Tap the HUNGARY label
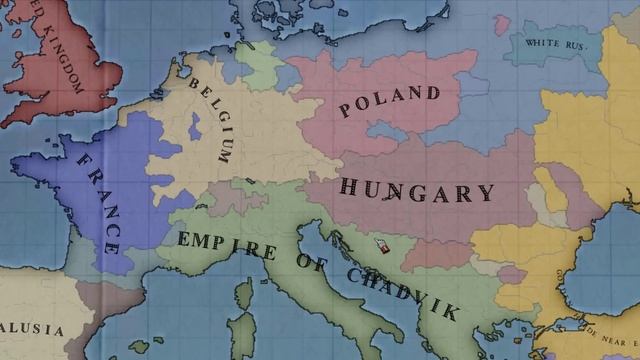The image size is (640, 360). point(417,190)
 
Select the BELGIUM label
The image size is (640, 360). point(214,121)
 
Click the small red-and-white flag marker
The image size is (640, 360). point(380,246)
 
